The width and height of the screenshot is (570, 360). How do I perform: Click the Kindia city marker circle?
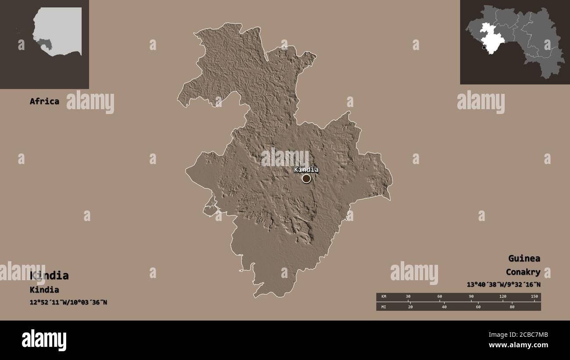tap(306, 178)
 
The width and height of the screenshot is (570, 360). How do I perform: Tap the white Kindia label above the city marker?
tap(306, 170)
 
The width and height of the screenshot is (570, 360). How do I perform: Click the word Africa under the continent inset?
tap(44, 101)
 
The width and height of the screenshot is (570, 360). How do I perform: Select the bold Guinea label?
tap(524, 258)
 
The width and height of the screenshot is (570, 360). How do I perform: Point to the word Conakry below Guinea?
tap(523, 272)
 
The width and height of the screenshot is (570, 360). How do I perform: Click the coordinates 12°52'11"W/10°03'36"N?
tap(68, 303)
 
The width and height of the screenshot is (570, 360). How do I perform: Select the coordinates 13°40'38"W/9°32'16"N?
tap(503, 285)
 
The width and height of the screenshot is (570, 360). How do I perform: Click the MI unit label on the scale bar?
tap(383, 307)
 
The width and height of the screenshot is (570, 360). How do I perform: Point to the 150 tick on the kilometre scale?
tap(534, 297)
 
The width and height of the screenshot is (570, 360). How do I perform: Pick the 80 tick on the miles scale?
tap(512, 307)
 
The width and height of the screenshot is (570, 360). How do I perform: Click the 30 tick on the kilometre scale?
tap(408, 297)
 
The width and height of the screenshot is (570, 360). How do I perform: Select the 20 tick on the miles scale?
tap(410, 307)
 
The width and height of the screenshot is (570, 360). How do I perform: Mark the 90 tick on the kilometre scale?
tap(471, 297)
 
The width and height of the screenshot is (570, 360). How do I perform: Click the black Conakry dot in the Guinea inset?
tap(484, 47)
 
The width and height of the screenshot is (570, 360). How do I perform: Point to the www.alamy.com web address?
tap(519, 345)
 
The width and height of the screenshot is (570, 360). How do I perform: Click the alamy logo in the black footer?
tap(44, 340)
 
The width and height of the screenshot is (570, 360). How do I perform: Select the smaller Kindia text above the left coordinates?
tap(44, 290)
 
